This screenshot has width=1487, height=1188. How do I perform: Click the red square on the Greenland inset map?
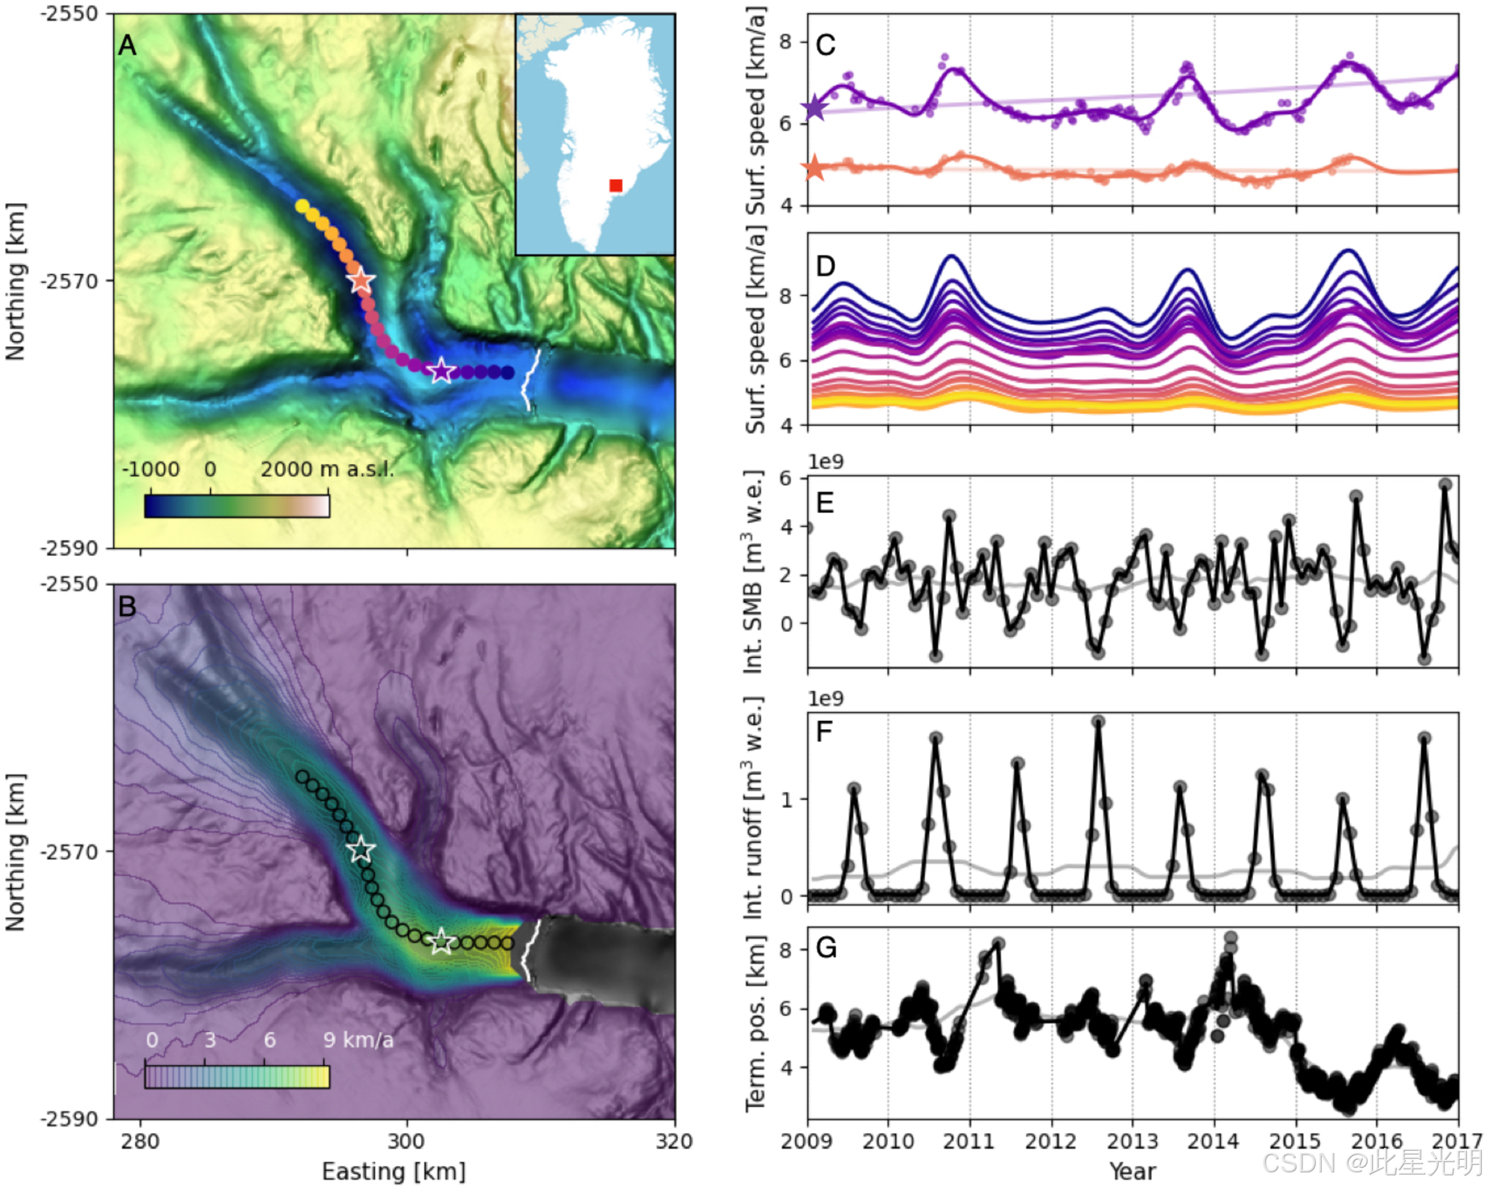coord(615,185)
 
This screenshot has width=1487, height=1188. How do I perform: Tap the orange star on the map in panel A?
coord(361,281)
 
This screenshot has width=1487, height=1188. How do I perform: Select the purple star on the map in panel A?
coord(442,370)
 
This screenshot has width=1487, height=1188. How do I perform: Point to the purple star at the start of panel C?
coord(815,108)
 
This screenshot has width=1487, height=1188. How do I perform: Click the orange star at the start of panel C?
coord(814,168)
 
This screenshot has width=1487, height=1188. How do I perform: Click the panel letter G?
coord(826,947)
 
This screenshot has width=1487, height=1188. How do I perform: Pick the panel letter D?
coord(825,266)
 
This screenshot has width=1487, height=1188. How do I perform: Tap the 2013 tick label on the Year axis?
coord(1132,1141)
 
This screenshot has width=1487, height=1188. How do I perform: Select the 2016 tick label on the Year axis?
coord(1376,1141)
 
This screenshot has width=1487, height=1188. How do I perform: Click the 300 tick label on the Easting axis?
coord(407,1141)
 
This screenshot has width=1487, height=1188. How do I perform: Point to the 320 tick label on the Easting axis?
coord(673,1141)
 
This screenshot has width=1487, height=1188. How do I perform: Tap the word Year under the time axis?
coord(1132,1171)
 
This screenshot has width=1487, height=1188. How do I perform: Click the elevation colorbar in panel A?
coord(237,506)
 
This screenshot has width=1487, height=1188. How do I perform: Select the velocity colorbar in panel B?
coord(237,1077)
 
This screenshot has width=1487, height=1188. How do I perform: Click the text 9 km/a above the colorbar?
coord(358,1040)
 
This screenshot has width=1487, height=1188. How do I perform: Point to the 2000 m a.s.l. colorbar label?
coord(326,469)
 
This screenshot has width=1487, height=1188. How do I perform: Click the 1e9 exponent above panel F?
coord(825,699)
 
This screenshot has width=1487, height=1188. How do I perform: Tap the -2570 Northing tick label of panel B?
coord(72,851)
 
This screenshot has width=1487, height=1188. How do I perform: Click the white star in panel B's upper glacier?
coord(361,850)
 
